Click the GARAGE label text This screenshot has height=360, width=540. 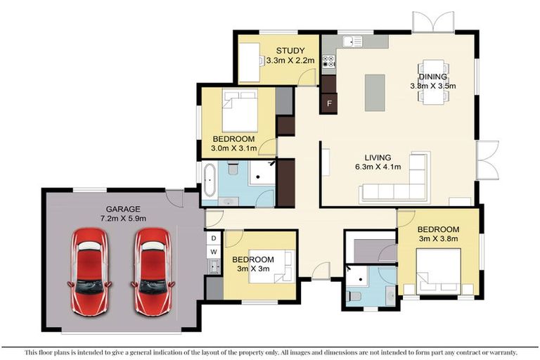[x=123, y=209]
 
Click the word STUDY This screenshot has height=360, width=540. [x=290, y=50]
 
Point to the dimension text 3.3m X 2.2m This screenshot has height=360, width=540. [x=290, y=61]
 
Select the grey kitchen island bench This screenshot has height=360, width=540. [x=375, y=92]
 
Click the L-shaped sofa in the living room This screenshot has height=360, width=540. [x=398, y=183]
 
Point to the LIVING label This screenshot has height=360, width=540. [x=378, y=157]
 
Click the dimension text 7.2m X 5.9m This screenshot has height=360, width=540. [x=123, y=219]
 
